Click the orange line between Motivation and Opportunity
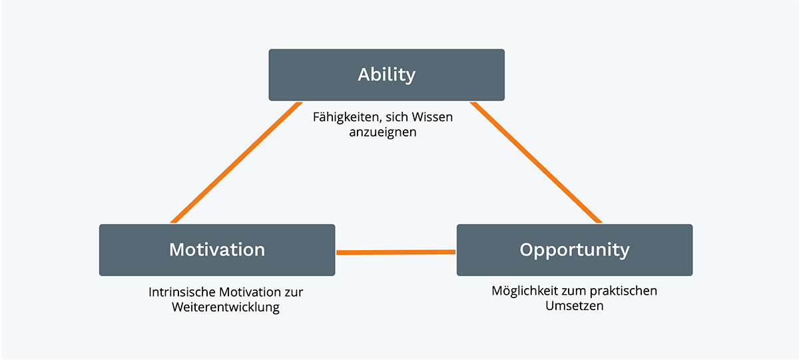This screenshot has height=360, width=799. click(396, 252)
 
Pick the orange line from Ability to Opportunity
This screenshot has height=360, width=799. click(537, 162)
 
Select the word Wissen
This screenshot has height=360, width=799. click(433, 117)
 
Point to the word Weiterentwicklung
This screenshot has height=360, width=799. click(225, 307)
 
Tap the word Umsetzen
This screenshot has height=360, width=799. click(574, 306)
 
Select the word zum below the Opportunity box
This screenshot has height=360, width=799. click(571, 291)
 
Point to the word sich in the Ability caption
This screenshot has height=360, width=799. click(397, 117)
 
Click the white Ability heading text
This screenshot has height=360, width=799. click(386, 75)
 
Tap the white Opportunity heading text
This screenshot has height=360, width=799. click(575, 250)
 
